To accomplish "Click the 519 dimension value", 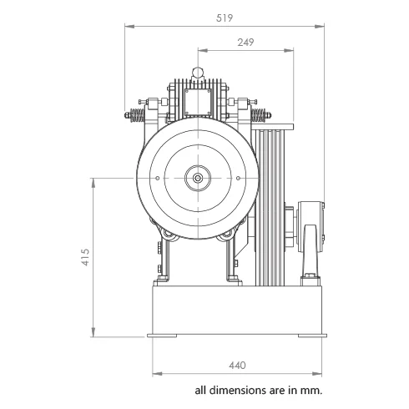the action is [x=225, y=18].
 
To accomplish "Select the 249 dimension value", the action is [x=245, y=43].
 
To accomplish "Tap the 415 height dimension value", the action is [x=85, y=257].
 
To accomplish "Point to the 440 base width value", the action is [x=237, y=366].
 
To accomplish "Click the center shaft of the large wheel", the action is [x=198, y=178].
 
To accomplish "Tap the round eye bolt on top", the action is [x=198, y=73].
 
